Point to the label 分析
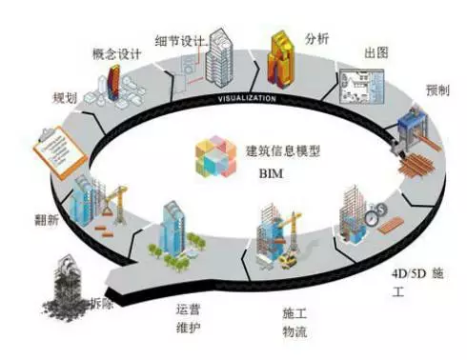pos(318,39)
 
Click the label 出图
pos(376,53)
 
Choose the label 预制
pos(425,89)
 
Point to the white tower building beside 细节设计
pos(221,52)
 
